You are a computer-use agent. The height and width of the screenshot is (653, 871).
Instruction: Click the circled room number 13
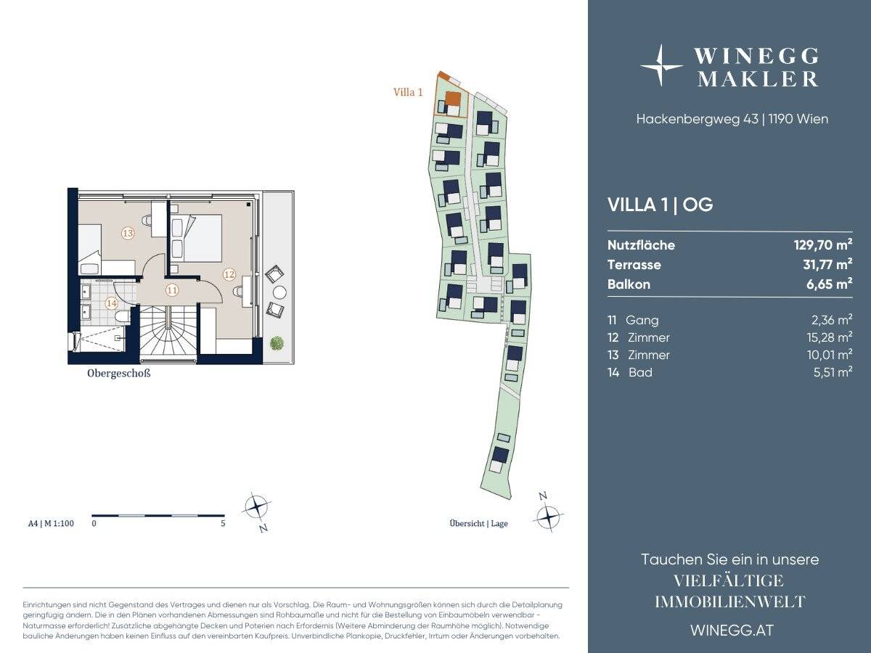click(128, 233)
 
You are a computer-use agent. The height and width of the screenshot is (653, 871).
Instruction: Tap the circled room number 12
click(229, 274)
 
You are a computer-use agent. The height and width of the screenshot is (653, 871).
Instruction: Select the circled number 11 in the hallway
click(172, 290)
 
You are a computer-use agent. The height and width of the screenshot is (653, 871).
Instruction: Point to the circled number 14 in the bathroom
click(112, 303)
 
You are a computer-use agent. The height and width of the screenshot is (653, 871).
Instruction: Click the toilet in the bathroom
click(121, 316)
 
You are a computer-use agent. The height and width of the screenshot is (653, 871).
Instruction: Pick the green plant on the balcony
click(277, 342)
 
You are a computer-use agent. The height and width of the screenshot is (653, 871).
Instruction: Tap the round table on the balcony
click(279, 292)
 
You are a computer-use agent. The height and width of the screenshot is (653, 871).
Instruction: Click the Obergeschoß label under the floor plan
click(118, 374)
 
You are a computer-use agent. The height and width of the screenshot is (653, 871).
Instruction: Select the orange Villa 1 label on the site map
click(408, 92)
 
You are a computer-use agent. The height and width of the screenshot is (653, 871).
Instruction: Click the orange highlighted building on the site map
click(453, 99)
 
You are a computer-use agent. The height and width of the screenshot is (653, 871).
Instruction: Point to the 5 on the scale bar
click(223, 523)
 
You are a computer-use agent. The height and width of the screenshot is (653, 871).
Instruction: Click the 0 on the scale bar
click(94, 523)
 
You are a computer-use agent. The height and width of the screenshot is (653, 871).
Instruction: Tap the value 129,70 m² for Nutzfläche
click(823, 245)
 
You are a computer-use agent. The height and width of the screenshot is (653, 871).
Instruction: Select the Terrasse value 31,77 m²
click(827, 264)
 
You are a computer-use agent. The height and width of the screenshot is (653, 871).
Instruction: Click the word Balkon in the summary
click(629, 284)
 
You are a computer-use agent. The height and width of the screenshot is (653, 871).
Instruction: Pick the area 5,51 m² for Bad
click(833, 372)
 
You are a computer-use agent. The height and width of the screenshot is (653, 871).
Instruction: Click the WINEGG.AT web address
click(732, 631)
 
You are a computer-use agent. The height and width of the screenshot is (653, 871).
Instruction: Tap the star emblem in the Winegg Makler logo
click(661, 65)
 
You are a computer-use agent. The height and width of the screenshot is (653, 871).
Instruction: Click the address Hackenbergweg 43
click(698, 119)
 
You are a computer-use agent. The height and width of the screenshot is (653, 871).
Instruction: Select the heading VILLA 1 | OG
click(661, 205)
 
